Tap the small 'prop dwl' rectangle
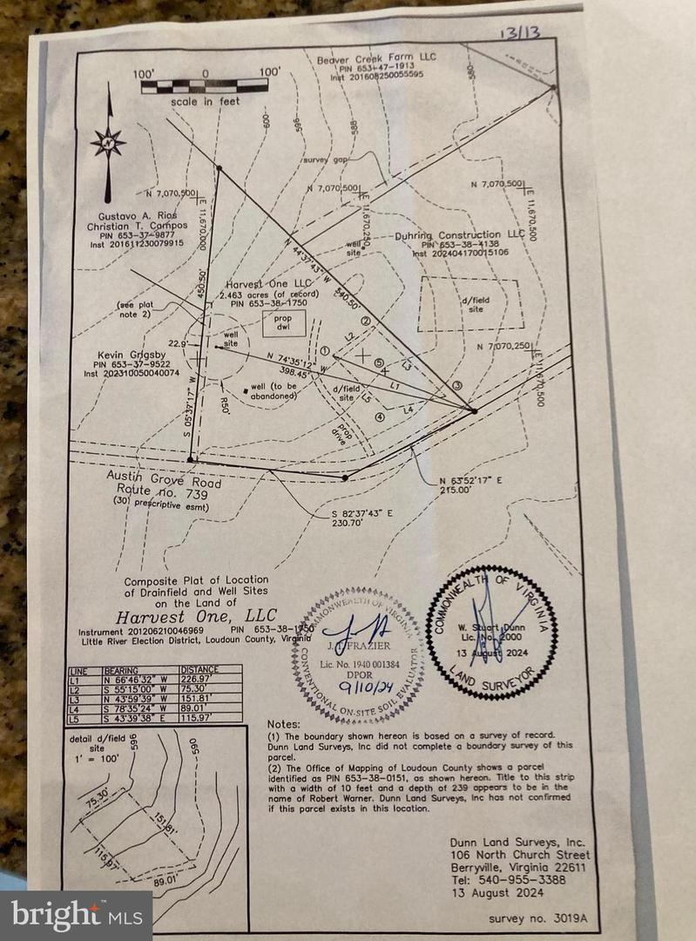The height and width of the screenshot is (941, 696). (285, 323)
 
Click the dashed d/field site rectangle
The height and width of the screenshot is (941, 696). (470, 304)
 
